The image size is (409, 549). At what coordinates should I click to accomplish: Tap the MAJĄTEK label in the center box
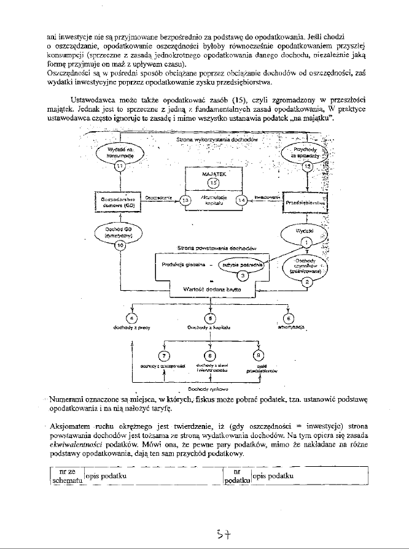click(x=212, y=174)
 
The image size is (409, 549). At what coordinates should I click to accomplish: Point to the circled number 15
click(x=213, y=183)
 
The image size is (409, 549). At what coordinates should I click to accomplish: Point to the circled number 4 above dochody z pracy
click(x=131, y=318)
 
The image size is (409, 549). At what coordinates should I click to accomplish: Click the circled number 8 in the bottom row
click(x=210, y=355)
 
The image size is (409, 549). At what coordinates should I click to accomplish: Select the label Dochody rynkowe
click(x=208, y=388)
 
